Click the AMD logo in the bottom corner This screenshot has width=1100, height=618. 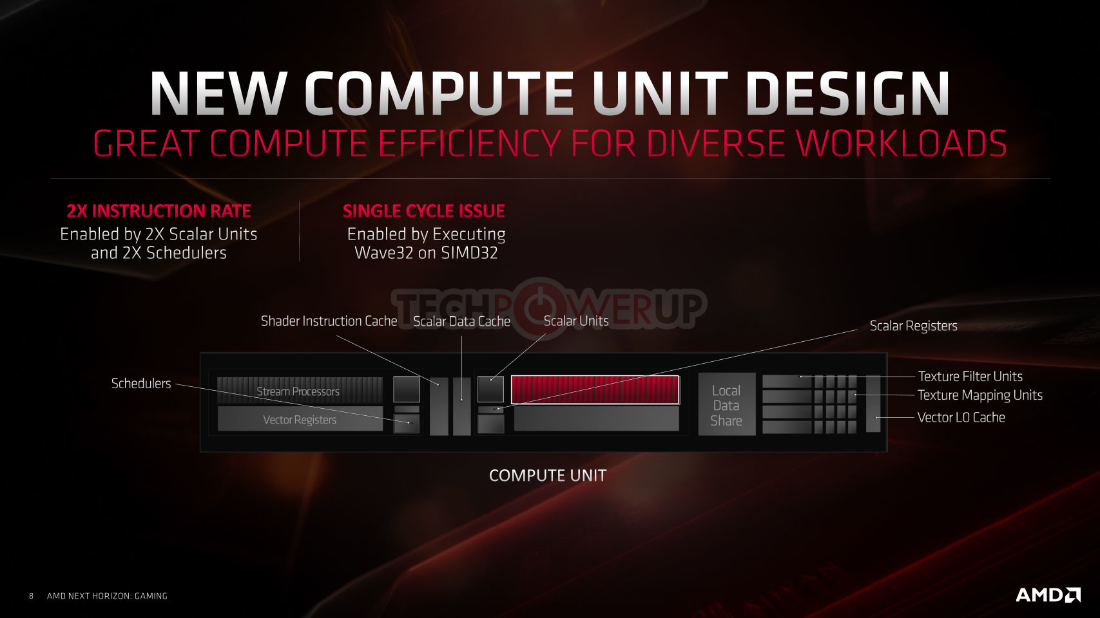point(1048,595)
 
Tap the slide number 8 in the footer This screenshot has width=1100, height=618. point(32,596)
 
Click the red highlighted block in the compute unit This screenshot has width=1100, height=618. point(595,390)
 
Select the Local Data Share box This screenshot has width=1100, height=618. point(727,404)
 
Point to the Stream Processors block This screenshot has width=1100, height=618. point(300,390)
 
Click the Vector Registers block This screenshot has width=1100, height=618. point(300,419)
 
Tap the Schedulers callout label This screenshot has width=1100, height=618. point(141,384)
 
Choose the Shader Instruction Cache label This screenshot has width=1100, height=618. point(329,321)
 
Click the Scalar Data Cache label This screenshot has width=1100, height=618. point(461,321)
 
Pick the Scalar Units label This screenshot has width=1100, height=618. point(576,321)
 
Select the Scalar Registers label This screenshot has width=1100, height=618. point(913,326)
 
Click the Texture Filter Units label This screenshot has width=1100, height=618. point(970,376)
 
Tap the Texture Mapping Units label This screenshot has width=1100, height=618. point(979,395)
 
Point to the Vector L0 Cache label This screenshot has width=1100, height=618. point(961,417)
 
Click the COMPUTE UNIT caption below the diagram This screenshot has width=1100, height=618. point(548,475)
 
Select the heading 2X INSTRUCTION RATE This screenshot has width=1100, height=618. point(159,211)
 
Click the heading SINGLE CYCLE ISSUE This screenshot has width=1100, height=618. point(424,211)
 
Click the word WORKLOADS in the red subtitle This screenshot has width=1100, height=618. point(901,143)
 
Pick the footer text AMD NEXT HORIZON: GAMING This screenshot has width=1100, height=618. point(107,596)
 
